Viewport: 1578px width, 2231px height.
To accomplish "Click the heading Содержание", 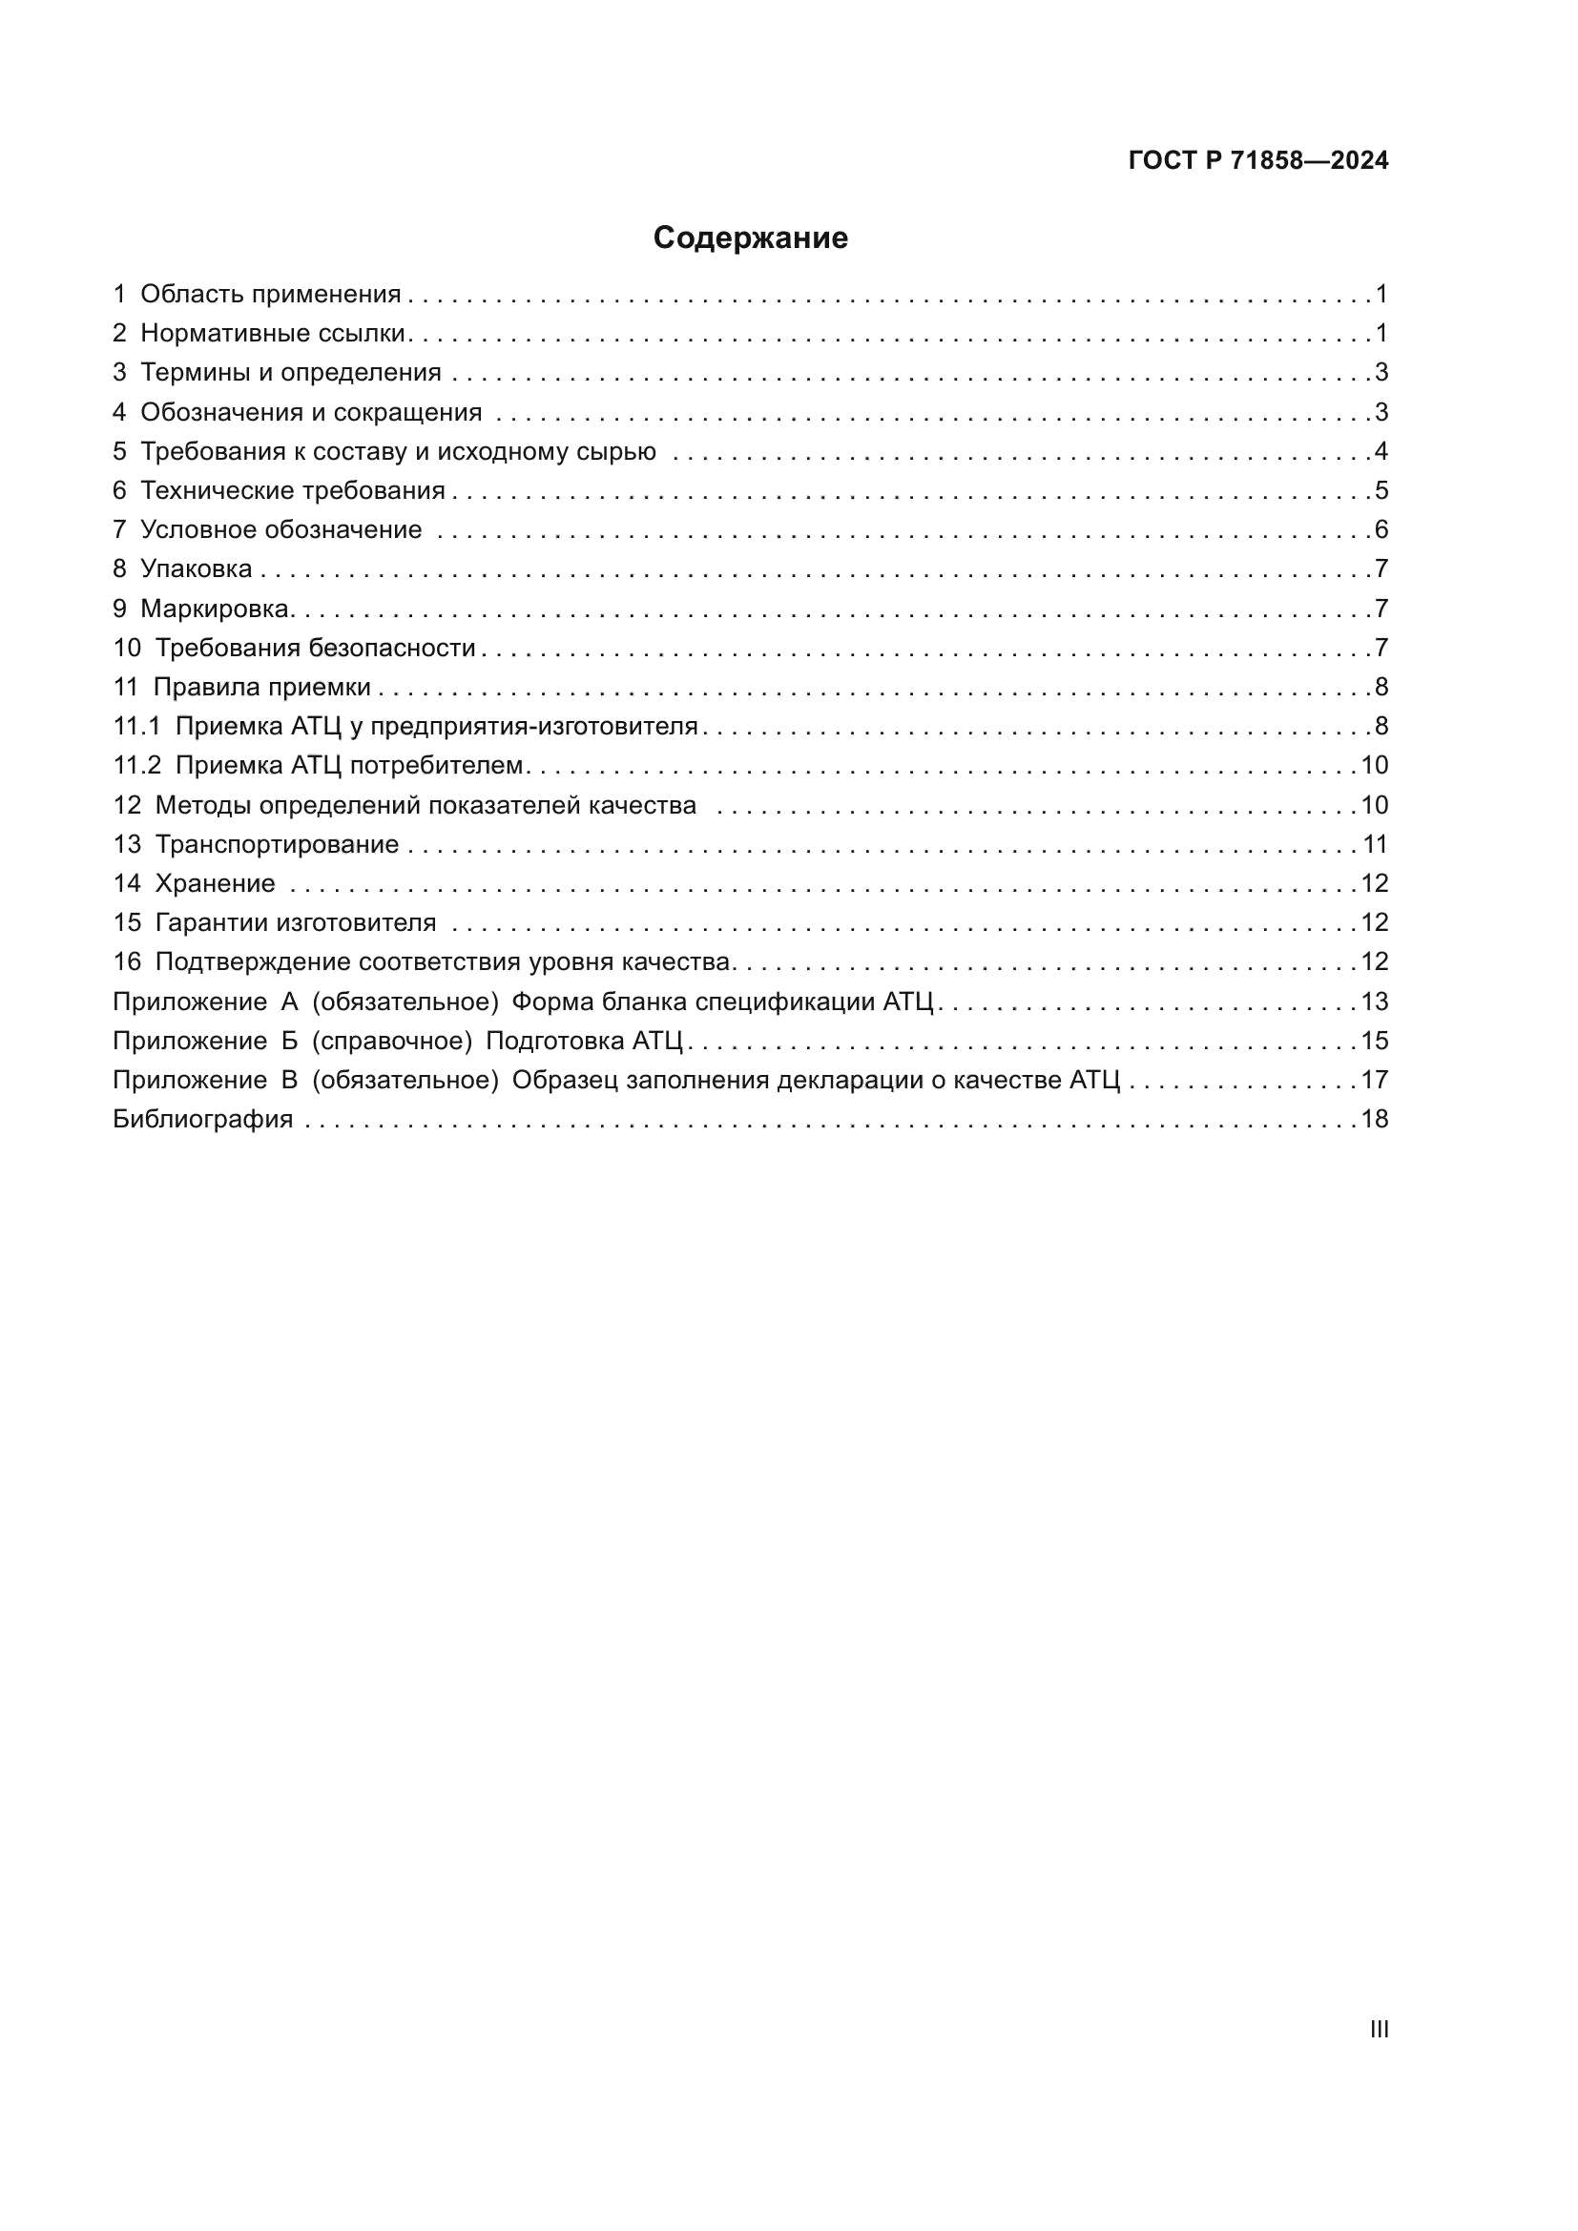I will (x=750, y=238).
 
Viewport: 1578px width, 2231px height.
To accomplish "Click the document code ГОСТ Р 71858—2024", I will (x=1258, y=160).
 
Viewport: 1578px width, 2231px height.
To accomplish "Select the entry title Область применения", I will (x=270, y=294).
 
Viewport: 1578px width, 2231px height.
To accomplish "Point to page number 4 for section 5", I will (x=1381, y=451).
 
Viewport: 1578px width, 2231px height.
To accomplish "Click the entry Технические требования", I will (x=293, y=490).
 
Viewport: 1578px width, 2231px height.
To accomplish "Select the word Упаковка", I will (x=197, y=568).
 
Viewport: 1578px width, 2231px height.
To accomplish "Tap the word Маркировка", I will (x=215, y=609).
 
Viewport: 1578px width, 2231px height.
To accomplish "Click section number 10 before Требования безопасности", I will (x=126, y=648).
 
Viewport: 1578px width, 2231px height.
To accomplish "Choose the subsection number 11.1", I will (x=136, y=726).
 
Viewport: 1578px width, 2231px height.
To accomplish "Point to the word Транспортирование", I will (x=277, y=844).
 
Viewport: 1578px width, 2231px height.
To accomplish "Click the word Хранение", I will (x=215, y=883).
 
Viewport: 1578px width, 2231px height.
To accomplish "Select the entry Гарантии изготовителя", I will (x=296, y=922).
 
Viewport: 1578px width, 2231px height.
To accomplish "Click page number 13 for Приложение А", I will (x=1374, y=1001).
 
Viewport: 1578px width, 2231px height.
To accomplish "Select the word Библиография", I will (x=203, y=1120).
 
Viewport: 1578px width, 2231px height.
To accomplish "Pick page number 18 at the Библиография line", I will (x=1374, y=1120).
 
